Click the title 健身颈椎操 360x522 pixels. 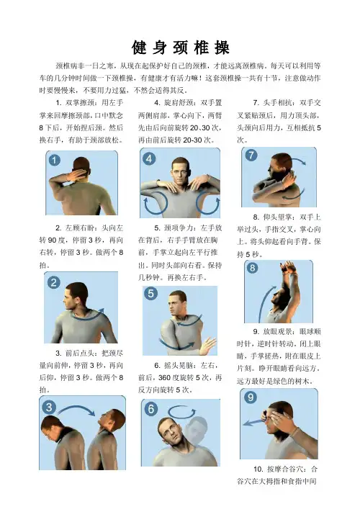[x=180, y=48]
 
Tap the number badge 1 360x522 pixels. [x=54, y=160]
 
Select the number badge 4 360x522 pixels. [x=149, y=158]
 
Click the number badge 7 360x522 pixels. [x=251, y=155]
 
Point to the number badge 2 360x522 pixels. [x=53, y=283]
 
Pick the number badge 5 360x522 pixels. [x=151, y=293]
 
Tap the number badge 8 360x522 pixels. [x=253, y=268]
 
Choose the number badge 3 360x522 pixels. [x=49, y=407]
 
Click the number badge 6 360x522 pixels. [x=151, y=408]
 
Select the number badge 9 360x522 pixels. [x=251, y=397]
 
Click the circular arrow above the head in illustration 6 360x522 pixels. [x=182, y=412]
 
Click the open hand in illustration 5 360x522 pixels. [x=208, y=346]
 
